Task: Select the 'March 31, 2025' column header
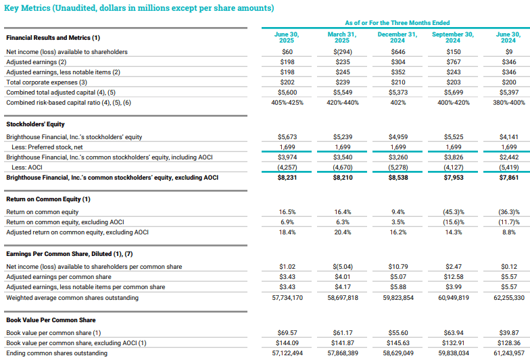click(x=341, y=38)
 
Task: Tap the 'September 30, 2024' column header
click(x=452, y=38)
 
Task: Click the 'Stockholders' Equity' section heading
click(x=36, y=124)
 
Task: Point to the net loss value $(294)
click(x=343, y=52)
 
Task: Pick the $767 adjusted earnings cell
click(x=454, y=62)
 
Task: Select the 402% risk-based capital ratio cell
click(x=397, y=103)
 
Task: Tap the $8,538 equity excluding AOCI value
click(x=397, y=178)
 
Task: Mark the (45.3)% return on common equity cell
click(x=453, y=211)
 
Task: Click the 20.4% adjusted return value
click(x=342, y=232)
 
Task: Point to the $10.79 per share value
click(x=397, y=267)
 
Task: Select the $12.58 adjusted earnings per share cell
click(x=454, y=277)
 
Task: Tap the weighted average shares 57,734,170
click(x=286, y=297)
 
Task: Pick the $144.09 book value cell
click(x=286, y=342)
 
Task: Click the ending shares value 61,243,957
click(x=508, y=353)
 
